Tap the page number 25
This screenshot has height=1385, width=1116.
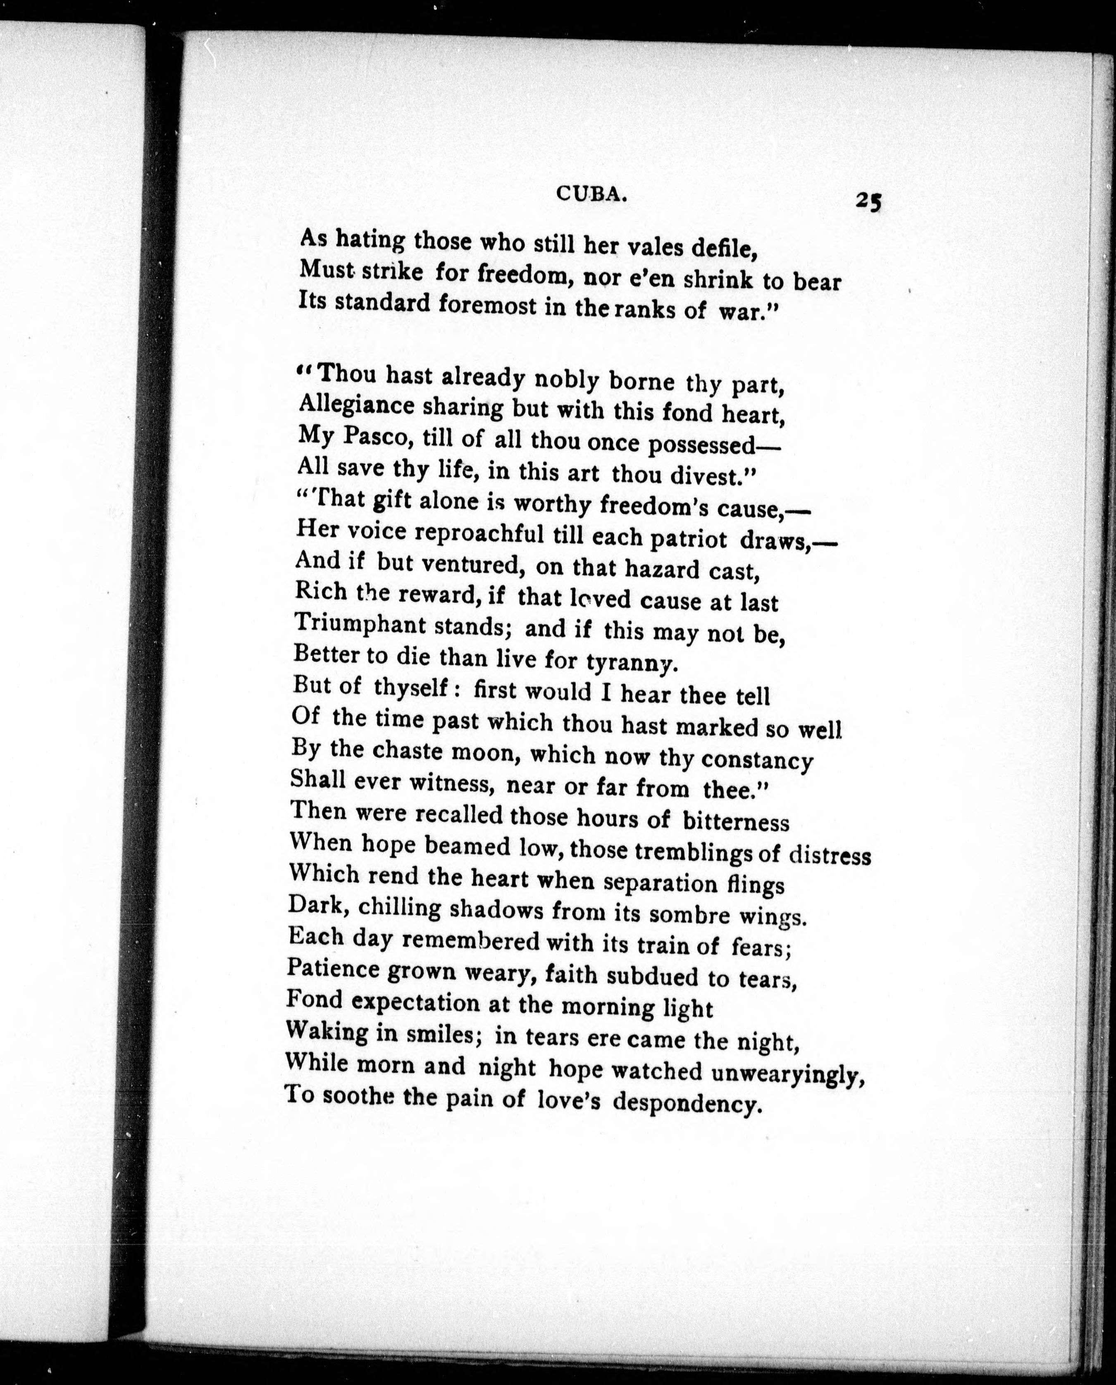pos(868,201)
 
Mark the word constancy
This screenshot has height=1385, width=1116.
pos(757,760)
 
